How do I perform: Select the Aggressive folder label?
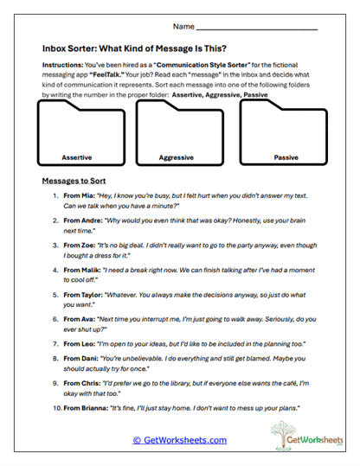point(177,158)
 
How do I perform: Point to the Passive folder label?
point(286,158)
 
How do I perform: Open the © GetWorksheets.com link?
point(180,440)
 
